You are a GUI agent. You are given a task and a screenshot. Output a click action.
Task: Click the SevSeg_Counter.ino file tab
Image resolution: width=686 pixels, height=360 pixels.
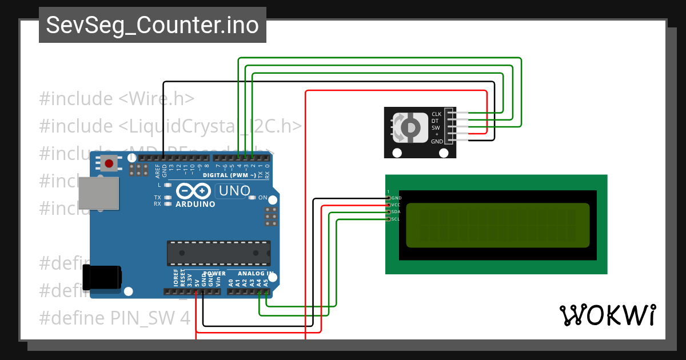pos(152,25)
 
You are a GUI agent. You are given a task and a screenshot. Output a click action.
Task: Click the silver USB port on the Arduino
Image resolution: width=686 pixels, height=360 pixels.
pos(98,193)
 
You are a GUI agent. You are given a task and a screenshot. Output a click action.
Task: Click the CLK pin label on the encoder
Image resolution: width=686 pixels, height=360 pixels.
pos(436,114)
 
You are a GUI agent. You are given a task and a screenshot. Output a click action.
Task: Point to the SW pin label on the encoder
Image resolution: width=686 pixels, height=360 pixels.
pos(436,127)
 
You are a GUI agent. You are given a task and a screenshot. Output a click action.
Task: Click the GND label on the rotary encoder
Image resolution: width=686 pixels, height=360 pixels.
pos(437,141)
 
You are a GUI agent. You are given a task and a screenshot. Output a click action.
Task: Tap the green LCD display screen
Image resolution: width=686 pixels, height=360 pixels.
pos(497,225)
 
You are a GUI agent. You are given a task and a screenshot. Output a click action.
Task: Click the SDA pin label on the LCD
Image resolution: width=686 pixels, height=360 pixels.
pos(396,212)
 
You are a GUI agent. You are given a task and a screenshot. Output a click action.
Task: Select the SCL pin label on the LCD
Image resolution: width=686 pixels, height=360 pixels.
pos(396,219)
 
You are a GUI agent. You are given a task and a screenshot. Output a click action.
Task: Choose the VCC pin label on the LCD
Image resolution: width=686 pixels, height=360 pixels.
pos(396,205)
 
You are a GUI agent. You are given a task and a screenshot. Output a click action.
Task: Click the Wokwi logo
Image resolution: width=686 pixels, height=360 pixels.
pos(607,315)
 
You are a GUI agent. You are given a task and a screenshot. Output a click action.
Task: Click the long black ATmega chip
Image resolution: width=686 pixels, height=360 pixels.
pos(218,253)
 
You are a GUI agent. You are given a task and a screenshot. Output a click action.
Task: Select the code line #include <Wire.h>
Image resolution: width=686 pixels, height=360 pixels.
pos(117,99)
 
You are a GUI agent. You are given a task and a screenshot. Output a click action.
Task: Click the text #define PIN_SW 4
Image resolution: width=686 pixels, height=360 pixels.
pos(114,318)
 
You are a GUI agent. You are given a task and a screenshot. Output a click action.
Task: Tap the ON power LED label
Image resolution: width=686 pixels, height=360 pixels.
pos(262,198)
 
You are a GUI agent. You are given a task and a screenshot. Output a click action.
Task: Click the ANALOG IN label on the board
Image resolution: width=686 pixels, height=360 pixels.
pos(255,274)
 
